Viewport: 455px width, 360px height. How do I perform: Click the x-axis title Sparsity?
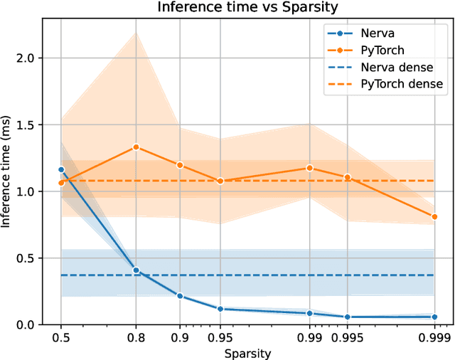point(247,352)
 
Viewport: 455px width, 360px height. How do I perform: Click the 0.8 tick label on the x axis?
point(136,337)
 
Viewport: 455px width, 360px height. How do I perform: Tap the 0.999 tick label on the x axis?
point(434,337)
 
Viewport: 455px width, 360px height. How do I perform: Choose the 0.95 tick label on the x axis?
point(220,337)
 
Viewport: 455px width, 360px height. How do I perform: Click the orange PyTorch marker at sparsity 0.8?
point(136,147)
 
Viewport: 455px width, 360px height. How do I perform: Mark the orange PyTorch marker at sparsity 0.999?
point(434,216)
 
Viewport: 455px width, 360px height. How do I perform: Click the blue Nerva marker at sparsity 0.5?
point(61,169)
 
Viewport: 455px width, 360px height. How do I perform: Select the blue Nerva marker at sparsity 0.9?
point(180,296)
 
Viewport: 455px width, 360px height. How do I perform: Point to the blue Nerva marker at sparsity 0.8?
point(136,270)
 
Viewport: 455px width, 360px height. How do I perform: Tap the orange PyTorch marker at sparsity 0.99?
point(309,168)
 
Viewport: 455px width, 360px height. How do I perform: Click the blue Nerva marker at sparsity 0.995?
point(348,317)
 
